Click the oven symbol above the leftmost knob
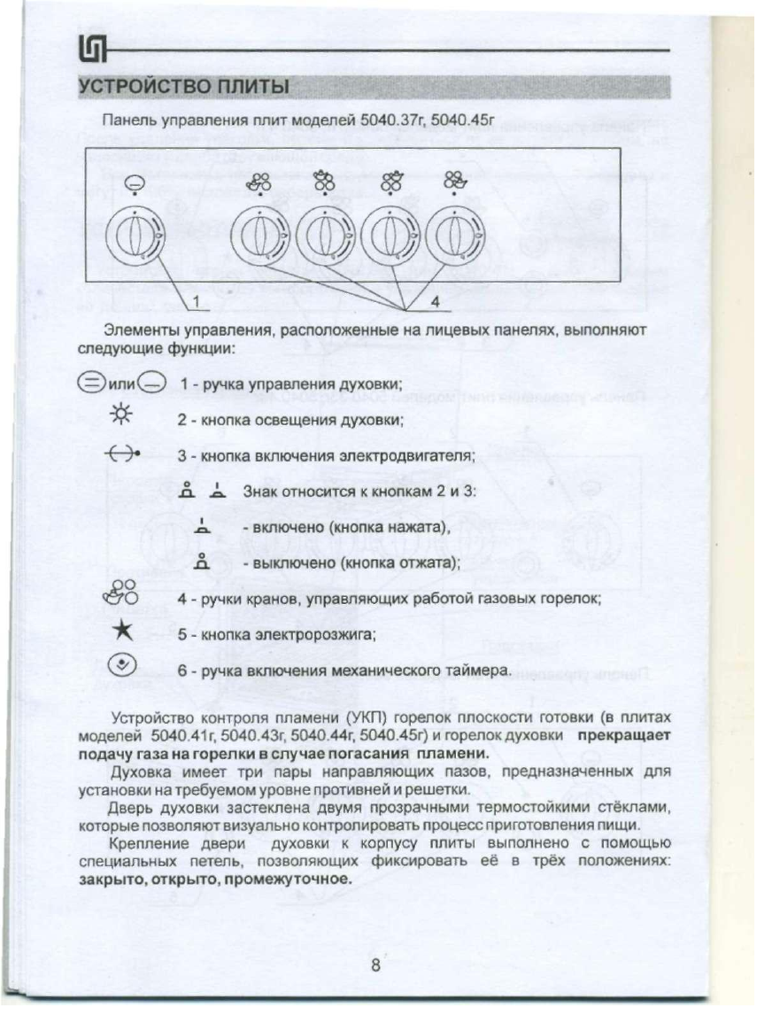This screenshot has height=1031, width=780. [131, 183]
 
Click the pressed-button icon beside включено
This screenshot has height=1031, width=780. [202, 528]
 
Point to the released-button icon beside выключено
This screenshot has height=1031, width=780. [202, 561]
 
